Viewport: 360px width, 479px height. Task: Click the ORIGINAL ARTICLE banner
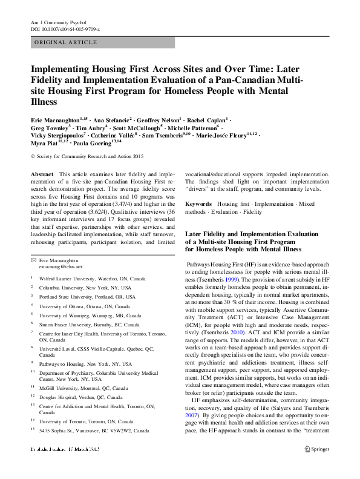pos(67,42)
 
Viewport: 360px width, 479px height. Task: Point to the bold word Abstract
pos(42,173)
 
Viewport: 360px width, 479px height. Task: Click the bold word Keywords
pos(198,205)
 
